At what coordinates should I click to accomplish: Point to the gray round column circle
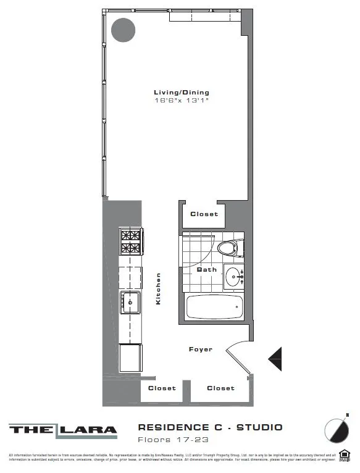click(123, 30)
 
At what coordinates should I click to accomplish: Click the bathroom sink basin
click(233, 276)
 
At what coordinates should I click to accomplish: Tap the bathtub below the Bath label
click(214, 307)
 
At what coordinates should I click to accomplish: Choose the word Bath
click(206, 270)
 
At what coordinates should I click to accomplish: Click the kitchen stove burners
click(130, 241)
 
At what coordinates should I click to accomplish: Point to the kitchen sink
click(130, 303)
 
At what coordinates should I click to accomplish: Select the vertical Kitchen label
click(159, 288)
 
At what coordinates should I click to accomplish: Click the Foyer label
click(200, 350)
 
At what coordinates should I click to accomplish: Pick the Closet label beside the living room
click(204, 214)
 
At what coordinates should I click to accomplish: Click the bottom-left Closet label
click(162, 388)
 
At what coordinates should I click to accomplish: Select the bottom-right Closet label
click(220, 388)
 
